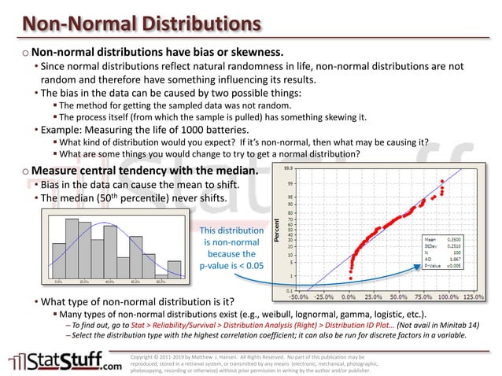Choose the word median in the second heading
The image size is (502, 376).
pos(229,171)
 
